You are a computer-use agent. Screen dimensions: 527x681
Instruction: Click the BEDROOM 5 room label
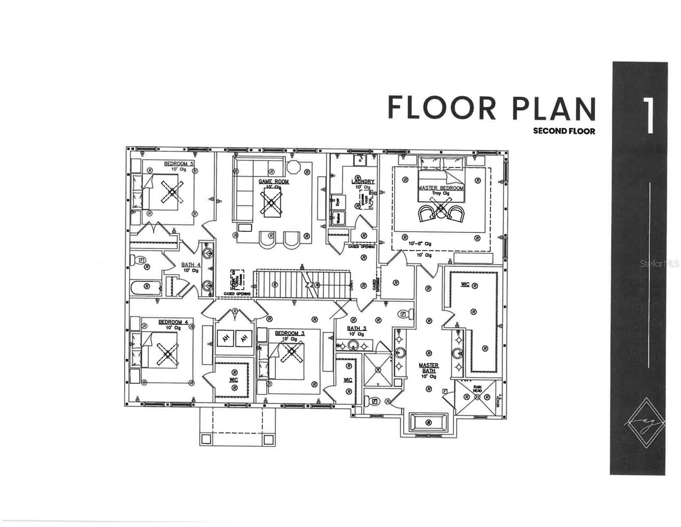click(x=179, y=164)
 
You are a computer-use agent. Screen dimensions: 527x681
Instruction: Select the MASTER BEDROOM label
click(x=440, y=188)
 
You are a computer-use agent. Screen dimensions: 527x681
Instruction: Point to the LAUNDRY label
click(x=363, y=181)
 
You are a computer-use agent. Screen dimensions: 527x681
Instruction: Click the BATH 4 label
click(x=191, y=265)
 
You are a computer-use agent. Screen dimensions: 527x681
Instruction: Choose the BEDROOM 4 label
click(x=173, y=322)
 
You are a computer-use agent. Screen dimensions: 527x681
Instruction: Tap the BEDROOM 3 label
click(x=290, y=333)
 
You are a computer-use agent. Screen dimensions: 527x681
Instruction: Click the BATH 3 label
click(x=357, y=328)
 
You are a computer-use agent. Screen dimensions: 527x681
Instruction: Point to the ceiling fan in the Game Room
click(x=271, y=203)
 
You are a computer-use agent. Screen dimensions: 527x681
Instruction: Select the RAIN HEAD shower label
click(x=477, y=388)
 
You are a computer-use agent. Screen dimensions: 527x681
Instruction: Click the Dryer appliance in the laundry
click(x=338, y=202)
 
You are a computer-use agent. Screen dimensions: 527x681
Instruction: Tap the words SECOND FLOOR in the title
click(x=564, y=131)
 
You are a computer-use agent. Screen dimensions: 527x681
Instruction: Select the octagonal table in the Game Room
click(x=292, y=168)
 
